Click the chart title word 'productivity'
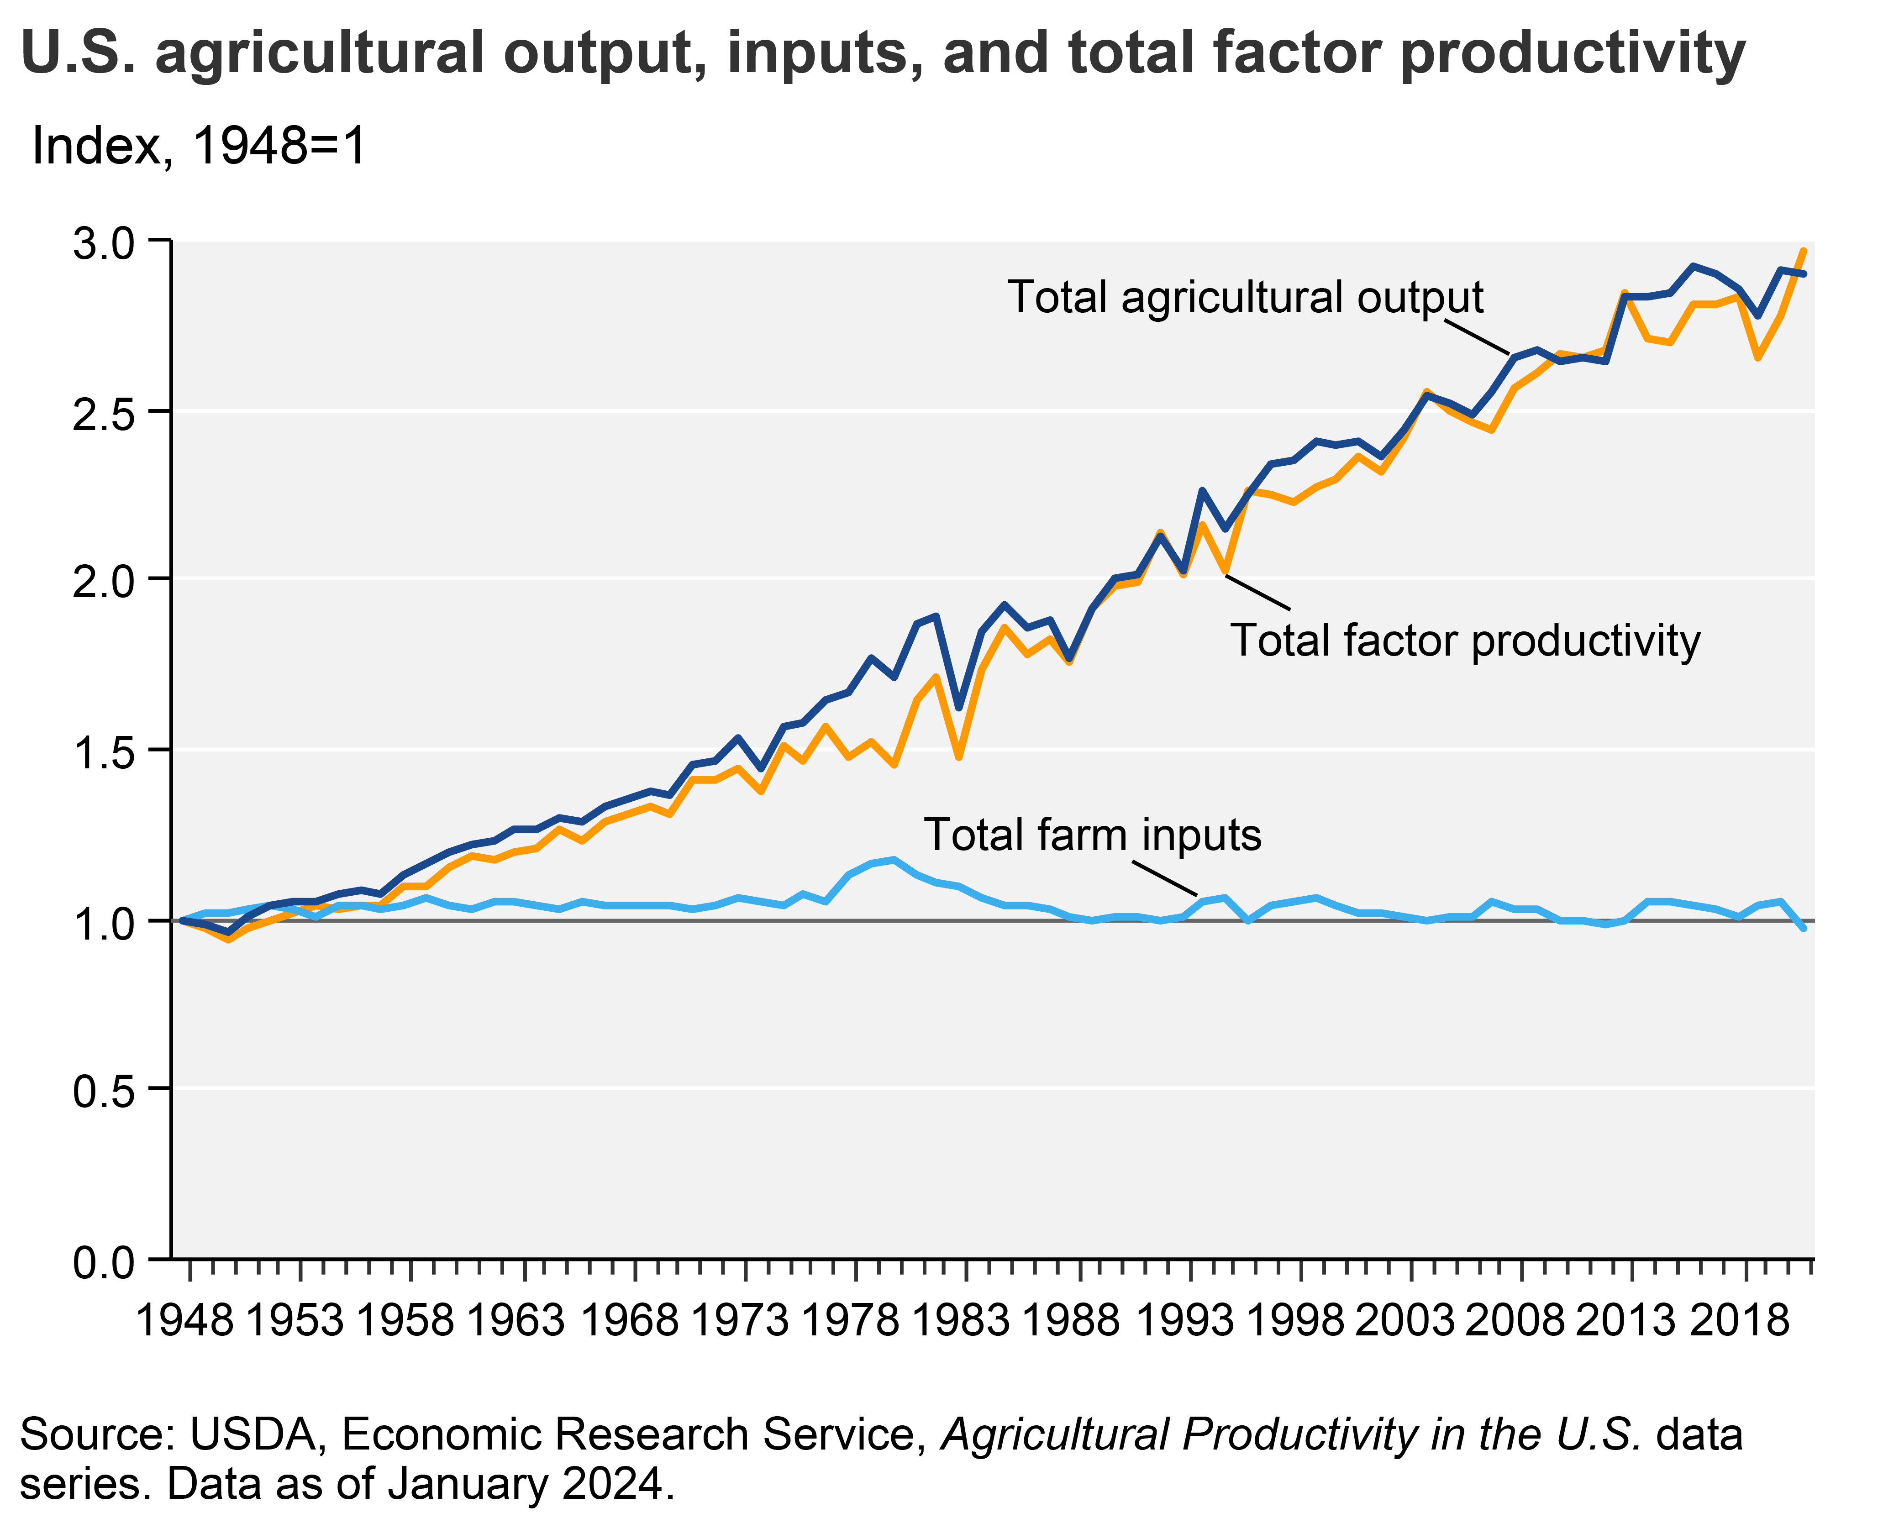[1572, 55]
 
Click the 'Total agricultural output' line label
[1245, 298]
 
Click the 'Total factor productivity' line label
[1465, 640]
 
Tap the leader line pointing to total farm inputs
[1164, 877]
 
